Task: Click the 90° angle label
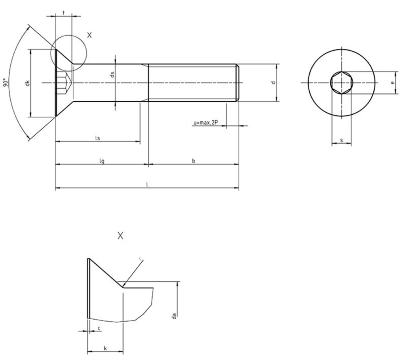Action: [6, 82]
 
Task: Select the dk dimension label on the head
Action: [27, 83]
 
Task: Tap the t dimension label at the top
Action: [63, 13]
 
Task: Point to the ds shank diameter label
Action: [112, 74]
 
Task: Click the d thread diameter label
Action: [273, 82]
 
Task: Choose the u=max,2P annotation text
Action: [206, 123]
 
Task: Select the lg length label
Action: [102, 161]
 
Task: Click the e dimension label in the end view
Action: [392, 83]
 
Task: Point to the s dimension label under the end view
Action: [341, 140]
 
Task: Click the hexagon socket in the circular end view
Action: [341, 83]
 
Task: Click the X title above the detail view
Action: [121, 236]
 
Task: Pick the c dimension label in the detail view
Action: [98, 328]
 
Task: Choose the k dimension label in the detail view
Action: [105, 348]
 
